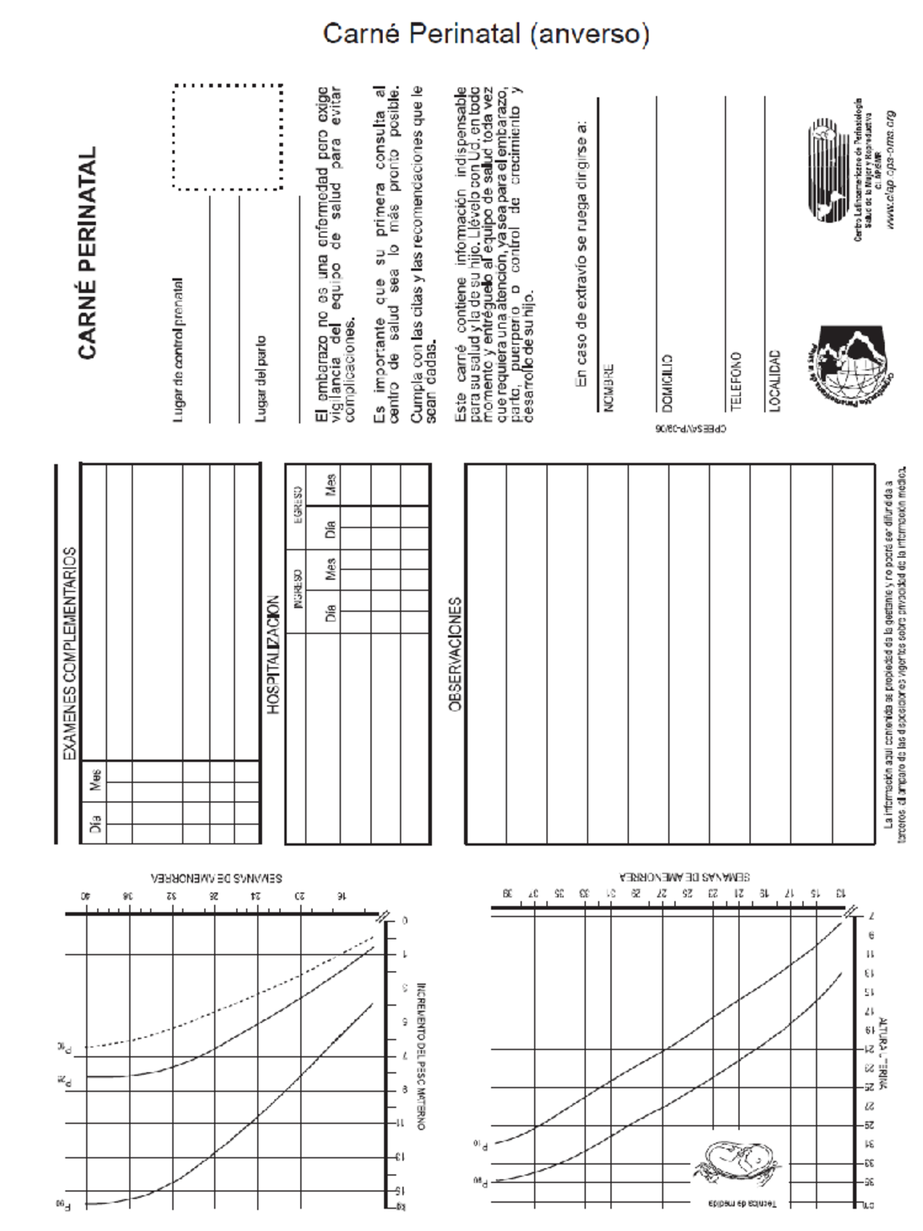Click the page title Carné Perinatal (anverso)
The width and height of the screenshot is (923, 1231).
tap(486, 34)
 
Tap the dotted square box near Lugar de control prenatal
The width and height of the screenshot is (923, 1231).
tap(228, 137)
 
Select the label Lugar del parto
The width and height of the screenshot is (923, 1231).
tap(262, 378)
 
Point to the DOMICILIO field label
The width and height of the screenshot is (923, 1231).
tap(667, 382)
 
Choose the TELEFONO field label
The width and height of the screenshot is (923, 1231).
tap(735, 380)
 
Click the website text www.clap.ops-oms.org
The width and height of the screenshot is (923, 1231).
tap(891, 169)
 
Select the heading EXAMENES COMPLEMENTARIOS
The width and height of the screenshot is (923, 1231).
tap(70, 653)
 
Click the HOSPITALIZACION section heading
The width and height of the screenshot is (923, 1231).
tap(274, 655)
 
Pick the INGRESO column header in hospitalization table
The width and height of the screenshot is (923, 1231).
tap(298, 589)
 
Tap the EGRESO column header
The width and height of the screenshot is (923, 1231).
tap(298, 505)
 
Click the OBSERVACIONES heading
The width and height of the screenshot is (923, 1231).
tap(455, 653)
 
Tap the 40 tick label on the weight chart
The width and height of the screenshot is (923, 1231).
tap(87, 896)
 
